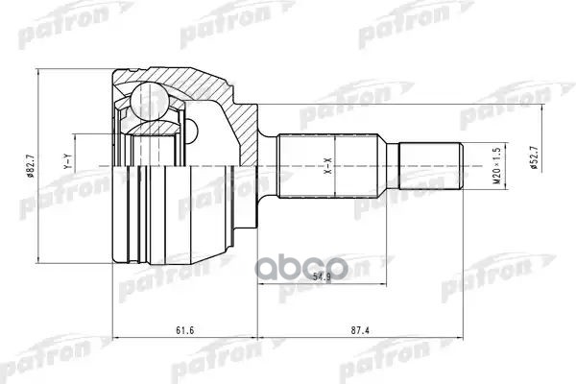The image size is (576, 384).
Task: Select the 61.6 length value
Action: point(182,330)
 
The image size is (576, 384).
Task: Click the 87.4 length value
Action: point(359,330)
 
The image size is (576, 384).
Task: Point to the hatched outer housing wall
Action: point(192,82)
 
